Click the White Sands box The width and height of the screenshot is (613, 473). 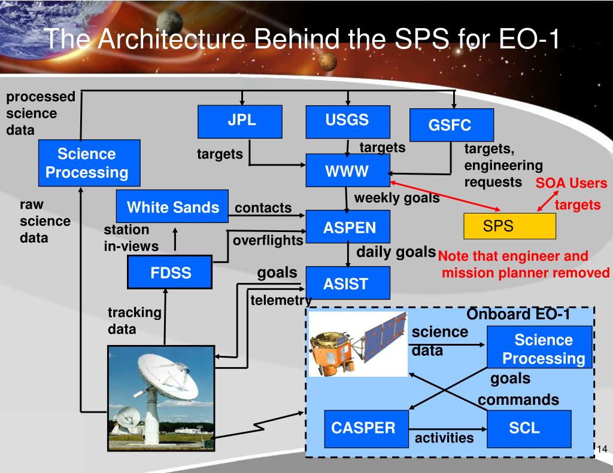coord(172,206)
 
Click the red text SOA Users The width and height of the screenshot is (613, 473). coord(570,184)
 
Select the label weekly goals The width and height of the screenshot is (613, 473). coord(397,198)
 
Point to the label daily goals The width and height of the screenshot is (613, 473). coord(396,252)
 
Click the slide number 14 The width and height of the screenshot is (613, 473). coord(602,450)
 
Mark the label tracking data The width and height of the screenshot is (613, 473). coord(135,321)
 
